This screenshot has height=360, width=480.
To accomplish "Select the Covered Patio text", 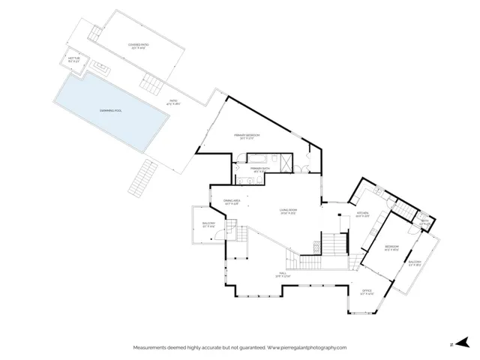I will click(x=138, y=46).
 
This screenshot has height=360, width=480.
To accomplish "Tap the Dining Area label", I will click(x=231, y=201).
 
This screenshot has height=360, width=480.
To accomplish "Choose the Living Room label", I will click(x=289, y=211).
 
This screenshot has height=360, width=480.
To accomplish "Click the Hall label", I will click(x=283, y=274).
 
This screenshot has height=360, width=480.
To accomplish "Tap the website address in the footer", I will click(x=307, y=348).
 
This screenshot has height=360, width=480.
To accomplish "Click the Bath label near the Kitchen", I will click(x=424, y=221).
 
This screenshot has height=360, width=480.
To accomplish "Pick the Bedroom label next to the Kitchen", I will click(x=392, y=248).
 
